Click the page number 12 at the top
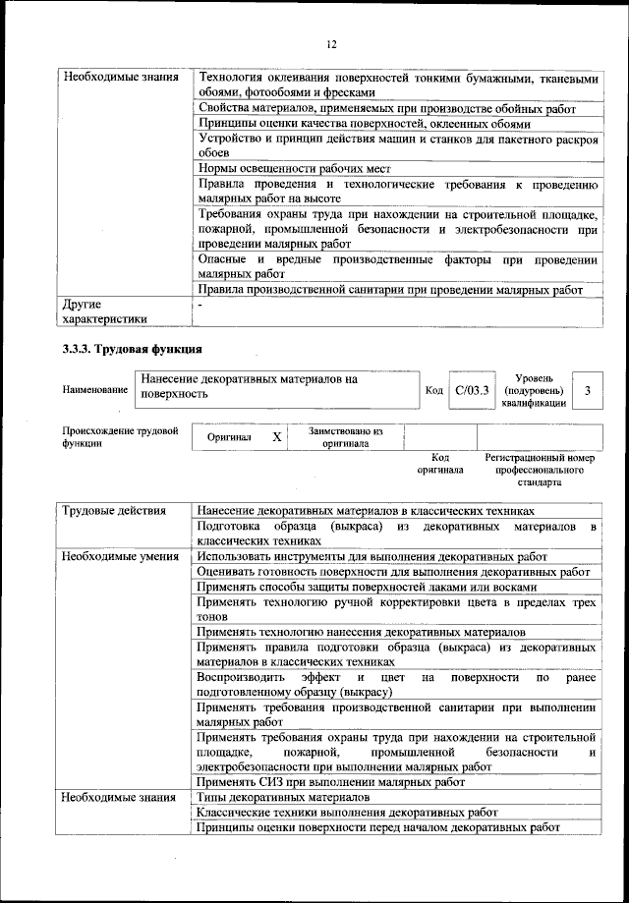[331, 44]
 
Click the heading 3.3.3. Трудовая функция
[132, 349]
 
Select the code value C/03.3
[472, 391]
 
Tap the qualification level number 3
[587, 391]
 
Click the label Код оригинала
[440, 464]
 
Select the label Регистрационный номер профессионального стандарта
[540, 470]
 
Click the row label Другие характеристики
[105, 311]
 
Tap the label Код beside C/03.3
[433, 391]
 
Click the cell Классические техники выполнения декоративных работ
[347, 813]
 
